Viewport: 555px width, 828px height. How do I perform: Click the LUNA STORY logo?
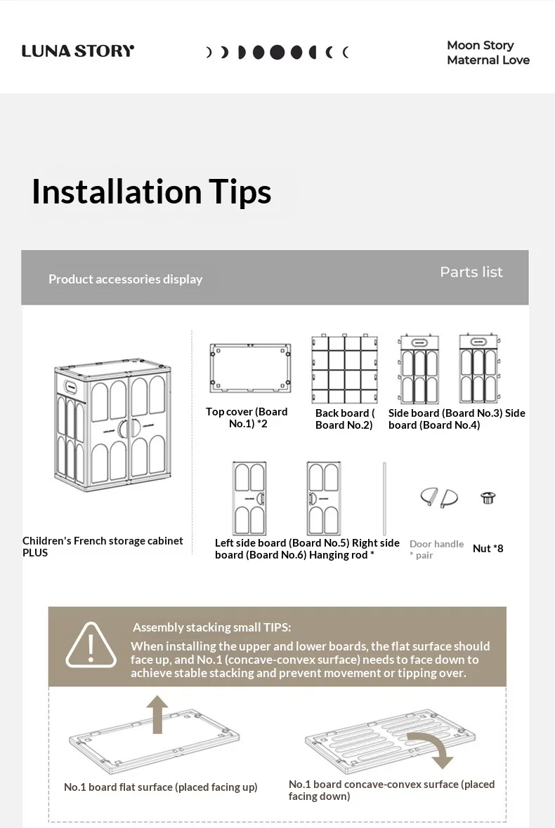coord(78,51)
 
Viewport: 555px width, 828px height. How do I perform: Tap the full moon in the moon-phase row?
coord(277,53)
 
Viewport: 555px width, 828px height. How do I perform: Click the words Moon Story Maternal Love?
coord(488,53)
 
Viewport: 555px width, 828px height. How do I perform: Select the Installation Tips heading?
coord(151,191)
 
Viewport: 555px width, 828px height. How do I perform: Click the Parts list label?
coord(471,272)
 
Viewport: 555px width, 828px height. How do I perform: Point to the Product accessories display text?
coord(125,279)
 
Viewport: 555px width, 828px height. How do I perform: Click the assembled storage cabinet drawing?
coord(112,426)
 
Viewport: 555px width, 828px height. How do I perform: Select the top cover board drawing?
coord(250,368)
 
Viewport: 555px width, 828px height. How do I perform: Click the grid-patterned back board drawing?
coord(345,368)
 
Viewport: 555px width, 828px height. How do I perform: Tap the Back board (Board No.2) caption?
coord(345,420)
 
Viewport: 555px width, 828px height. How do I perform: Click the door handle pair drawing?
coord(439,498)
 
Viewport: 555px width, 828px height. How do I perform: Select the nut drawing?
coord(488,498)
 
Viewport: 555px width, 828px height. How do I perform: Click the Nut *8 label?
coord(488,549)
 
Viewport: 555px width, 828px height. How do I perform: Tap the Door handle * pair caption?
coord(436,549)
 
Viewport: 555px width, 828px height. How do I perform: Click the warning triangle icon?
coord(91,646)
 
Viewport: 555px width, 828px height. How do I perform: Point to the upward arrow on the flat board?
coord(157,714)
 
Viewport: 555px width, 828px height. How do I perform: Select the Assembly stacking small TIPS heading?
coord(212,627)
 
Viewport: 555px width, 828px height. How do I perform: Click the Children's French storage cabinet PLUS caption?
coord(103,547)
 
